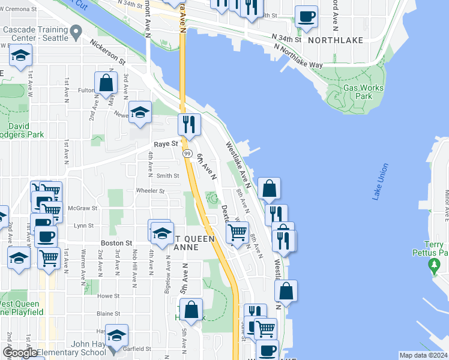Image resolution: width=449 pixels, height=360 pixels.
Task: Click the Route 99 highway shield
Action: (187, 154)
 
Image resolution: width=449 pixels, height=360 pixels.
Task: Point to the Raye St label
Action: (166, 144)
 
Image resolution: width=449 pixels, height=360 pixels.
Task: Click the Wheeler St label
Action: (150, 191)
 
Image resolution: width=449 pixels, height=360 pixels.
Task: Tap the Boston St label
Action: (116, 243)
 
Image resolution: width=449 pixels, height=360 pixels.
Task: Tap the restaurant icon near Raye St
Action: (189, 124)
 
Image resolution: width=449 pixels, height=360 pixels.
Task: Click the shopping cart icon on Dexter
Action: (238, 232)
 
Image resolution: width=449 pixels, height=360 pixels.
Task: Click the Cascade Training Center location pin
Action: (76, 30)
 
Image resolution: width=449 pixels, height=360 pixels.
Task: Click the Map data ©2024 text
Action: (424, 355)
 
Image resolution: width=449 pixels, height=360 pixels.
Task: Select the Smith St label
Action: (167, 176)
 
